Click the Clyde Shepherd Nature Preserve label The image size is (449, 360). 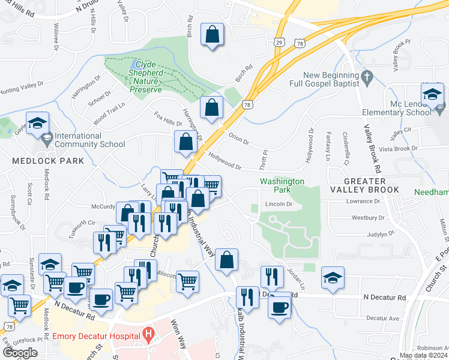[146, 76]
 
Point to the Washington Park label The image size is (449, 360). [282, 185]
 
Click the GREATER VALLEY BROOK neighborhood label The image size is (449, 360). [372, 185]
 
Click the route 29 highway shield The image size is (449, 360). [279, 41]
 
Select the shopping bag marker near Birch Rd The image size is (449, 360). [212, 35]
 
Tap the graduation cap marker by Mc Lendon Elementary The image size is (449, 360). [432, 95]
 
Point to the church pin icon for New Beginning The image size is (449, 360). [369, 77]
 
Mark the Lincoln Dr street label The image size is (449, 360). [279, 204]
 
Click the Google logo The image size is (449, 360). [20, 352]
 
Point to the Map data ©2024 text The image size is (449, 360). [423, 356]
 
